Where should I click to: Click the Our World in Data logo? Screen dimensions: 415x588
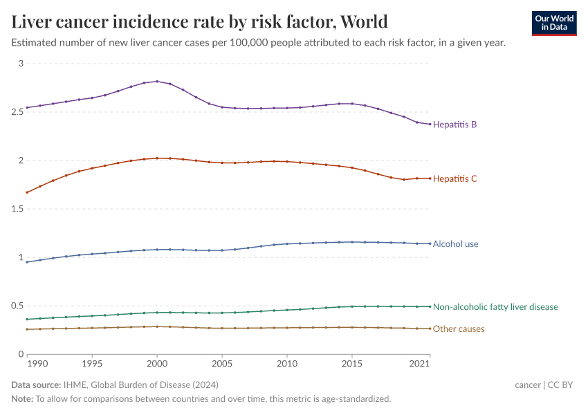point(553,22)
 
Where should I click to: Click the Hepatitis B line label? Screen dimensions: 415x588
point(454,124)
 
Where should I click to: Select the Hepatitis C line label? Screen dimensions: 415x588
point(454,178)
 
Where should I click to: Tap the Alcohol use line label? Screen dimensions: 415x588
point(455,243)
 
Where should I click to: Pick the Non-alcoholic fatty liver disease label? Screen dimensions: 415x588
point(495,306)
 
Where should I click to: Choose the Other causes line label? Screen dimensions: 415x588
point(458,329)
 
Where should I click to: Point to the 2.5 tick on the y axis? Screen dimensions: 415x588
point(17,112)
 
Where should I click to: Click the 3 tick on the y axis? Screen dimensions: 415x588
point(21,64)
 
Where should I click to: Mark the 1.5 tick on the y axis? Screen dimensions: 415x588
point(17,209)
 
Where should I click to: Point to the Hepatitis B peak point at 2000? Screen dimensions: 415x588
point(157,82)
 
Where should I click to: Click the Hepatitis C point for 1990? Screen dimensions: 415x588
point(27,192)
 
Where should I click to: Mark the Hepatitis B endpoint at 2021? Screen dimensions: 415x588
point(430,124)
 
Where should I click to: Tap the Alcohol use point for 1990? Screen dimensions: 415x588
point(27,261)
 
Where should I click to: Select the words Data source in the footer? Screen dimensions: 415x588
point(35,385)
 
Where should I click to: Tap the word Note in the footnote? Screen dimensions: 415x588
point(22,398)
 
